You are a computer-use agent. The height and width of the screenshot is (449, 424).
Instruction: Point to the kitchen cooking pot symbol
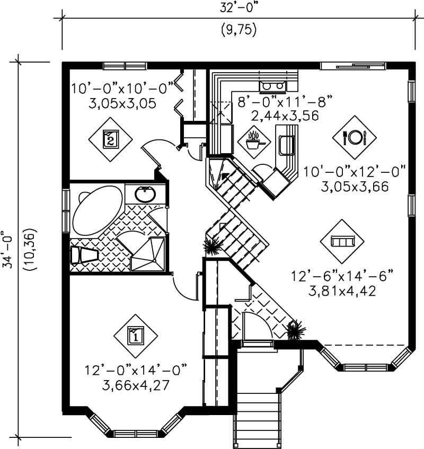252,140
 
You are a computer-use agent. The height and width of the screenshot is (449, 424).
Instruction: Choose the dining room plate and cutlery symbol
354,137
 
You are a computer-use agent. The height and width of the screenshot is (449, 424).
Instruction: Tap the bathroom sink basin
145,195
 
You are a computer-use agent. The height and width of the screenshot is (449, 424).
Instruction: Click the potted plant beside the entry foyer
295,329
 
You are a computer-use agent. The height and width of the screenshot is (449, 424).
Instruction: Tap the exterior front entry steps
256,419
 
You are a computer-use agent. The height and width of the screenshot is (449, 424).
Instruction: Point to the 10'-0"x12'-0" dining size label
355,172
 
